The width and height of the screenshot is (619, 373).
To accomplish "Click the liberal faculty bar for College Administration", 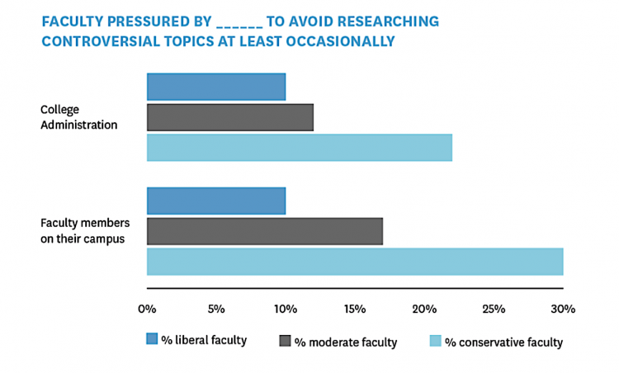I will [216, 87].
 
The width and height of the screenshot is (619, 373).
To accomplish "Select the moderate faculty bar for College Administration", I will [230, 117].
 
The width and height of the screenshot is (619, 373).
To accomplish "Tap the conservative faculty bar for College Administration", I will [300, 148].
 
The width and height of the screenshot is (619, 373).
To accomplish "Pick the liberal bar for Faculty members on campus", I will [216, 201].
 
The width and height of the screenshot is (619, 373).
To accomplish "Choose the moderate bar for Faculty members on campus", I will [265, 231].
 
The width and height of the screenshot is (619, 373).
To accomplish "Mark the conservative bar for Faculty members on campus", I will [355, 261].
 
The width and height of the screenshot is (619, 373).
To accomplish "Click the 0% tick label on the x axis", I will [147, 309].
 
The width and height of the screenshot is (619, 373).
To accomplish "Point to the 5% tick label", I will [216, 309].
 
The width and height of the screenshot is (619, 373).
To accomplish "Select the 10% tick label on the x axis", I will [286, 309].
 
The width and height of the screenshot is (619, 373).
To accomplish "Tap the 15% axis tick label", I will [355, 309].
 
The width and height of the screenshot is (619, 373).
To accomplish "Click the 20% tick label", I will [424, 309].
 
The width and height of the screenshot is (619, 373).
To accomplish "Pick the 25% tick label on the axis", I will [494, 309].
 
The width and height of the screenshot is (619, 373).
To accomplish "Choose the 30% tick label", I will [563, 309].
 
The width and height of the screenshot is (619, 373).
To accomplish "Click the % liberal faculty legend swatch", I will [152, 340].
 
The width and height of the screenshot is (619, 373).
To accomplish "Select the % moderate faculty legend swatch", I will [286, 340].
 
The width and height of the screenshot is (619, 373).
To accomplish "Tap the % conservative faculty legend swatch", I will [437, 340].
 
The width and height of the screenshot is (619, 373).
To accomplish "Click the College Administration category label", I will [79, 117].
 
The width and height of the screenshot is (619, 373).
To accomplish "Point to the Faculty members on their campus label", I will [83, 231].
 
